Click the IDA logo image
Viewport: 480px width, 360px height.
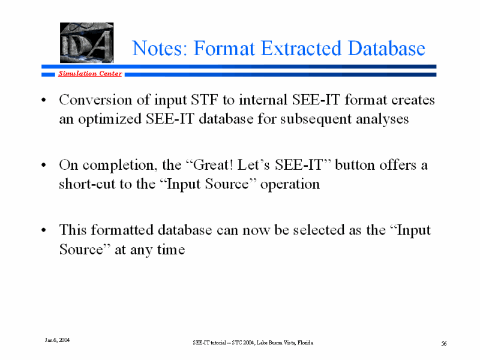pyautogui.click(x=86, y=43)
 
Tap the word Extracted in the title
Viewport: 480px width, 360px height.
pyautogui.click(x=301, y=48)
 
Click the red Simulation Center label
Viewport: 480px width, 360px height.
pyautogui.click(x=91, y=73)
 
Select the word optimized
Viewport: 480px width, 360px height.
pyautogui.click(x=110, y=119)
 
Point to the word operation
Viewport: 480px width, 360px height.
pyautogui.click(x=290, y=185)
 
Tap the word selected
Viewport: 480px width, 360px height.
pyautogui.click(x=319, y=230)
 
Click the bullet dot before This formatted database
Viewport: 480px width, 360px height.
pyautogui.click(x=44, y=230)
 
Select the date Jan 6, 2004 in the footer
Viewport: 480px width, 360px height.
pyautogui.click(x=57, y=340)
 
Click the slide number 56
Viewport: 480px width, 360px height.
pyautogui.click(x=444, y=343)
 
